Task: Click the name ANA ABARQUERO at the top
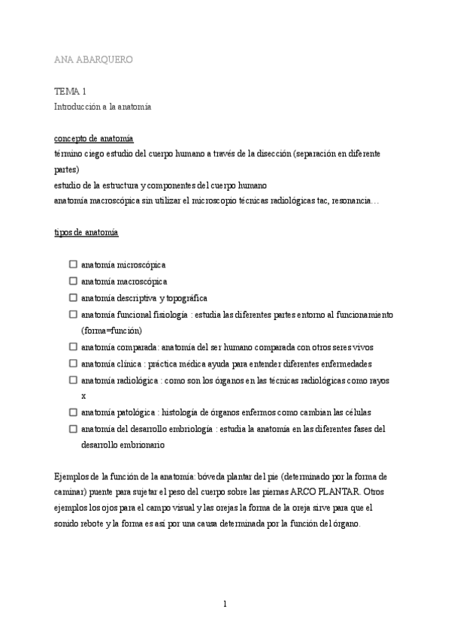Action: point(94,59)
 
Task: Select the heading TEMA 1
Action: point(70,91)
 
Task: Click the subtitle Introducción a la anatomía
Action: point(102,107)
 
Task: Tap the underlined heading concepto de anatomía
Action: point(93,138)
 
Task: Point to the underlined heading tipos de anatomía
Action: point(86,232)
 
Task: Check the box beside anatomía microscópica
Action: point(73,264)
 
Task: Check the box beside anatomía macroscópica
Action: point(73,281)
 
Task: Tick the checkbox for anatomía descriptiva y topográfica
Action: point(73,297)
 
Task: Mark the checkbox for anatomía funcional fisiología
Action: point(73,314)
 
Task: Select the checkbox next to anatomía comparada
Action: point(73,347)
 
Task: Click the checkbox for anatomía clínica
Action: point(73,364)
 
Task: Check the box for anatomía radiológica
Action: point(73,380)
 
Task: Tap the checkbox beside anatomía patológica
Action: point(73,412)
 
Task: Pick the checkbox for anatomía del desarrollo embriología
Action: point(73,429)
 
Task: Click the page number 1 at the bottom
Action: point(225,603)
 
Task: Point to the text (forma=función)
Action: point(111,331)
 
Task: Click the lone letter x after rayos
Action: point(83,396)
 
